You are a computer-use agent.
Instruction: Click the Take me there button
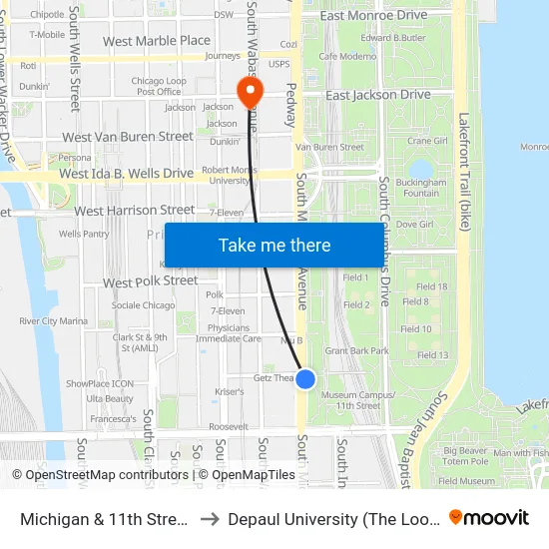pos(274,246)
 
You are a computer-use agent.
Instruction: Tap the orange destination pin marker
pos(249,94)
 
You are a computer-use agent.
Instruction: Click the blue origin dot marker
pos(306,379)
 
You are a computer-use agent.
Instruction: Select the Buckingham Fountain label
pos(421,188)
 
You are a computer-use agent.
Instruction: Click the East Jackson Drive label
pos(378,95)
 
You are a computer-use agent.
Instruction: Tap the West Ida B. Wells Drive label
pos(126,174)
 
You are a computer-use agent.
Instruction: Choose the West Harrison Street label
pos(135,211)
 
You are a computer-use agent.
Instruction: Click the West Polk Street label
pos(151,281)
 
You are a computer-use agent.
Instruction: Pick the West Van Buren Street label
pos(128,137)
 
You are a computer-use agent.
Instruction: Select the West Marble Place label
pos(157,41)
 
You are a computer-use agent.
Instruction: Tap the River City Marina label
pos(53,320)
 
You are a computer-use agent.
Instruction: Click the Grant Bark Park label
pos(356,351)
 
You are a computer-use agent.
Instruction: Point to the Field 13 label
pos(432,355)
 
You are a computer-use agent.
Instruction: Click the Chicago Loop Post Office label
pos(157,86)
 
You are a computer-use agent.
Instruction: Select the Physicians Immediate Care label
pos(229,333)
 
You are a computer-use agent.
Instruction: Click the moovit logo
pos(489,518)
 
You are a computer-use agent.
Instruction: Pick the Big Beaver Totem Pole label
pos(465,456)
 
